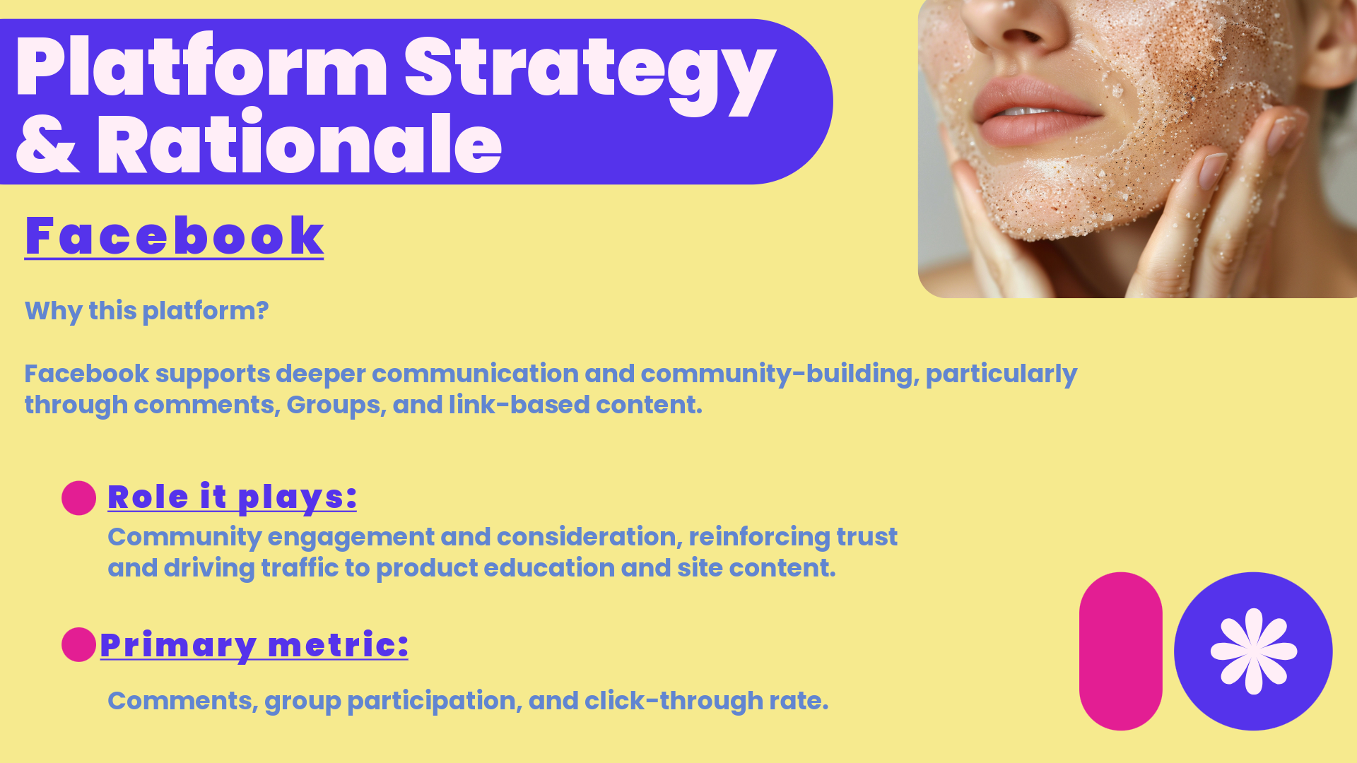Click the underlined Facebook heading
(174, 236)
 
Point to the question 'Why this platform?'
(146, 311)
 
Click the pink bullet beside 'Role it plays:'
(78, 498)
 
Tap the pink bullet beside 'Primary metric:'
(78, 644)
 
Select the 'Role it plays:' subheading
(232, 497)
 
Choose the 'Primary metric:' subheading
(254, 644)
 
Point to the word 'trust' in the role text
(867, 537)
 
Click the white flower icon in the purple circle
(1253, 651)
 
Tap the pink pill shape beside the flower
(1120, 651)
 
